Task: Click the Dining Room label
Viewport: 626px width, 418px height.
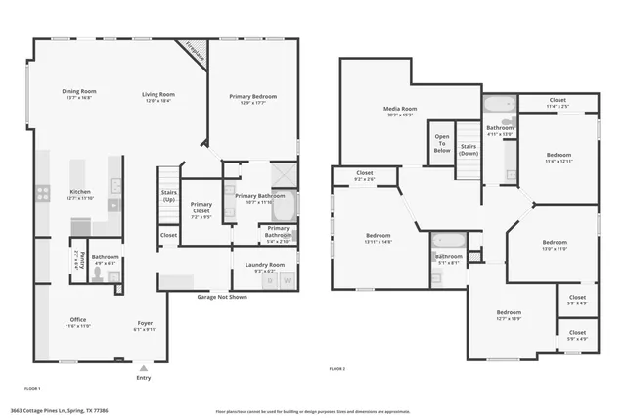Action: (x=80, y=94)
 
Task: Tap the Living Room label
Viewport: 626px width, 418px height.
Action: (x=157, y=94)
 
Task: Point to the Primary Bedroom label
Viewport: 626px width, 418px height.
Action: (x=253, y=97)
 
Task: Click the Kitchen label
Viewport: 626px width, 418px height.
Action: (x=80, y=192)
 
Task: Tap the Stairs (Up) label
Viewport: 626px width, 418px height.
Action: (x=168, y=196)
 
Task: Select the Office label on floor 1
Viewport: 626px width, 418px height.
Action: (x=77, y=320)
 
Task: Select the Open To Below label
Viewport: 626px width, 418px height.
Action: (x=442, y=143)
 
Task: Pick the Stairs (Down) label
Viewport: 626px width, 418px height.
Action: (x=469, y=150)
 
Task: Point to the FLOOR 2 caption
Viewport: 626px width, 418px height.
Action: (x=337, y=369)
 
